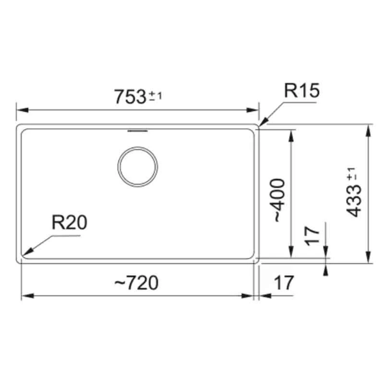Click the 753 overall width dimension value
point(130,96)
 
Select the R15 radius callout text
point(301,91)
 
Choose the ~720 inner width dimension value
point(136,283)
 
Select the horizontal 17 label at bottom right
point(283,283)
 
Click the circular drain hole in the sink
point(137,167)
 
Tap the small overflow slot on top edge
point(137,129)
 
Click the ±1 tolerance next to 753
point(156,97)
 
